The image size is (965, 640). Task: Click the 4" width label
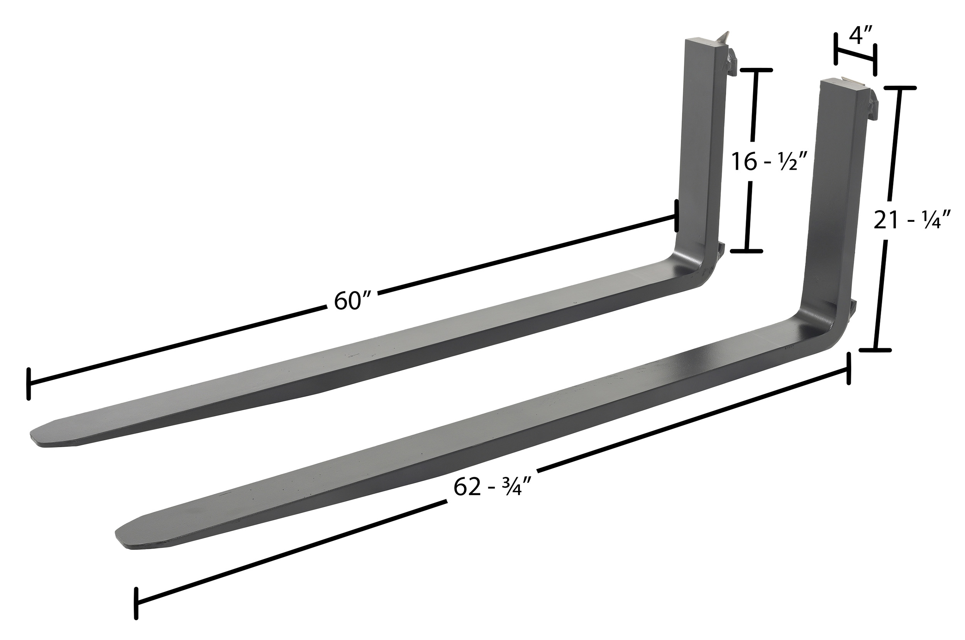tap(860, 36)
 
